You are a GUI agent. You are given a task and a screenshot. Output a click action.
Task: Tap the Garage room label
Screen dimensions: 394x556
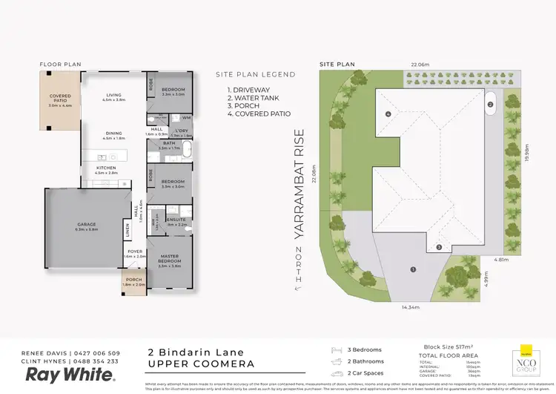(87, 226)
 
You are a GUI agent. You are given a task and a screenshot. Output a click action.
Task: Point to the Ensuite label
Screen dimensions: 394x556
(176, 221)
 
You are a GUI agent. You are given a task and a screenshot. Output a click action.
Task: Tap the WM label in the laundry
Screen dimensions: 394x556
(185, 117)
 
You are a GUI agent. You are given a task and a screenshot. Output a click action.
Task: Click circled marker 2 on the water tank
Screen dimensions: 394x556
(490, 105)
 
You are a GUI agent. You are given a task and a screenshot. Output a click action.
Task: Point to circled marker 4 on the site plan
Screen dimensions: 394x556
(388, 114)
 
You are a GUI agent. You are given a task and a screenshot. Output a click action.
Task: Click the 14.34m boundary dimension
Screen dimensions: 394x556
(411, 306)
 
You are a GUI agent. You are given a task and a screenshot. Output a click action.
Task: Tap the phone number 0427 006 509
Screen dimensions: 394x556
(95, 352)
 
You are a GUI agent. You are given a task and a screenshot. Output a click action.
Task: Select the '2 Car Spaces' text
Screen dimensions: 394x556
(365, 372)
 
